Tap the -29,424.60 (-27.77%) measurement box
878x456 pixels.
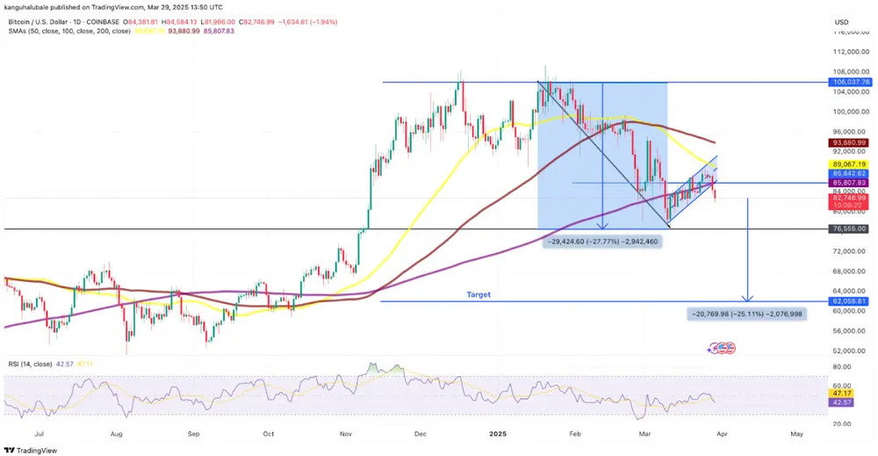[x=601, y=240]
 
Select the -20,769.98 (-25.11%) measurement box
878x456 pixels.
[x=747, y=314]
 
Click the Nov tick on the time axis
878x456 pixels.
[x=345, y=434]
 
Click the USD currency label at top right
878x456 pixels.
[x=841, y=22]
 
